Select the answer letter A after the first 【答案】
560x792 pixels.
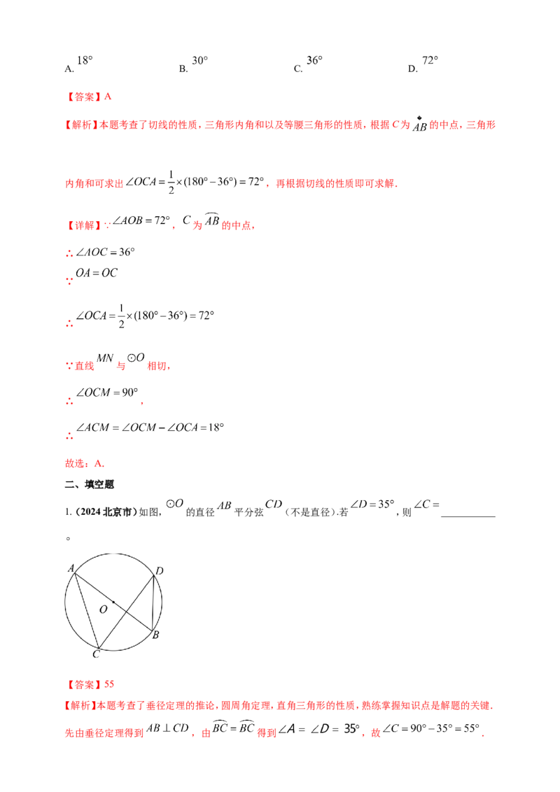[x=107, y=97]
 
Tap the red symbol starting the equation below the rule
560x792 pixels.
[x=67, y=323]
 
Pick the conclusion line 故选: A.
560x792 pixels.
[x=85, y=463]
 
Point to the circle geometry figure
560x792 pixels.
[x=112, y=600]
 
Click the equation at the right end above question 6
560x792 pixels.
[x=395, y=503]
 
